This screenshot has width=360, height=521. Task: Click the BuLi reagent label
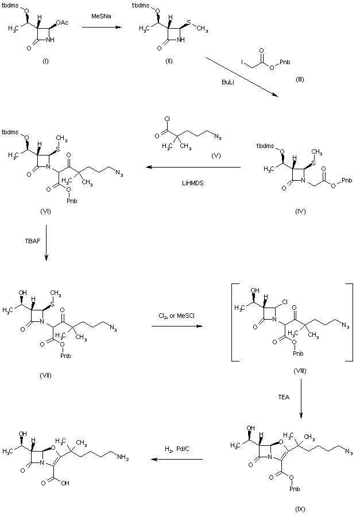(x=228, y=82)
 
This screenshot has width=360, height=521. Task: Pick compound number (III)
(x=299, y=79)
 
